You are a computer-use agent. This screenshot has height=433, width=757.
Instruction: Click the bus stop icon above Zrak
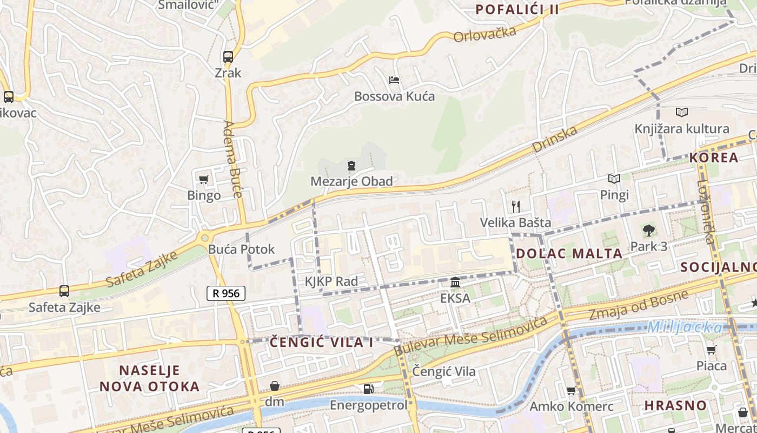tap(228, 56)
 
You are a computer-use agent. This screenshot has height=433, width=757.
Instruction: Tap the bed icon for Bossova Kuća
tap(394, 80)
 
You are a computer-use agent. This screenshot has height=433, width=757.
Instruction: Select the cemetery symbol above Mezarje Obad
tap(351, 165)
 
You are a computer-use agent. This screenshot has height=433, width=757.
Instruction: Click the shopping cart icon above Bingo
tap(204, 179)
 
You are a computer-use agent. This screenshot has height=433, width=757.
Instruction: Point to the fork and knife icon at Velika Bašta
tap(515, 206)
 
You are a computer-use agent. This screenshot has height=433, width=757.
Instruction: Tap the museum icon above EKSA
tap(455, 283)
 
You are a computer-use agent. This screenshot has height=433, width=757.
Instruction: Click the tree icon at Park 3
tap(648, 231)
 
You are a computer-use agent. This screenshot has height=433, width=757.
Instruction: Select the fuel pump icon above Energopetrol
tap(368, 389)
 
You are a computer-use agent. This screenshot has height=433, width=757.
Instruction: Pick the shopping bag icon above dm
tap(274, 386)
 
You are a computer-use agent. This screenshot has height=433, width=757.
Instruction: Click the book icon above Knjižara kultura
tap(681, 113)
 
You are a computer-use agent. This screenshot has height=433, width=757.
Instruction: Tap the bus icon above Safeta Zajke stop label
tap(64, 291)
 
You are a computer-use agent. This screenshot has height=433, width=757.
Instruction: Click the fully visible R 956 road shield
tap(226, 293)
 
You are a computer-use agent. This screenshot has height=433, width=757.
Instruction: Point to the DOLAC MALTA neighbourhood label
tap(569, 253)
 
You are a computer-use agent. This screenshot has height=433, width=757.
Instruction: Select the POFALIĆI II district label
tap(517, 9)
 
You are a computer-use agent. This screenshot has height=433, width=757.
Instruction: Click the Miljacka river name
tap(685, 327)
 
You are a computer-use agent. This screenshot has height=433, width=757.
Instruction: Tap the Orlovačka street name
tap(485, 34)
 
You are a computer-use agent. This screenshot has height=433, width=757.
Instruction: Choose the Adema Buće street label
tap(233, 159)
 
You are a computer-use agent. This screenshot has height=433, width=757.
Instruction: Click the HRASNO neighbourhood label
tap(675, 405)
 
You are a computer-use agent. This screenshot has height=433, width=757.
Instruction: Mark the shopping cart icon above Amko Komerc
tap(571, 390)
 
